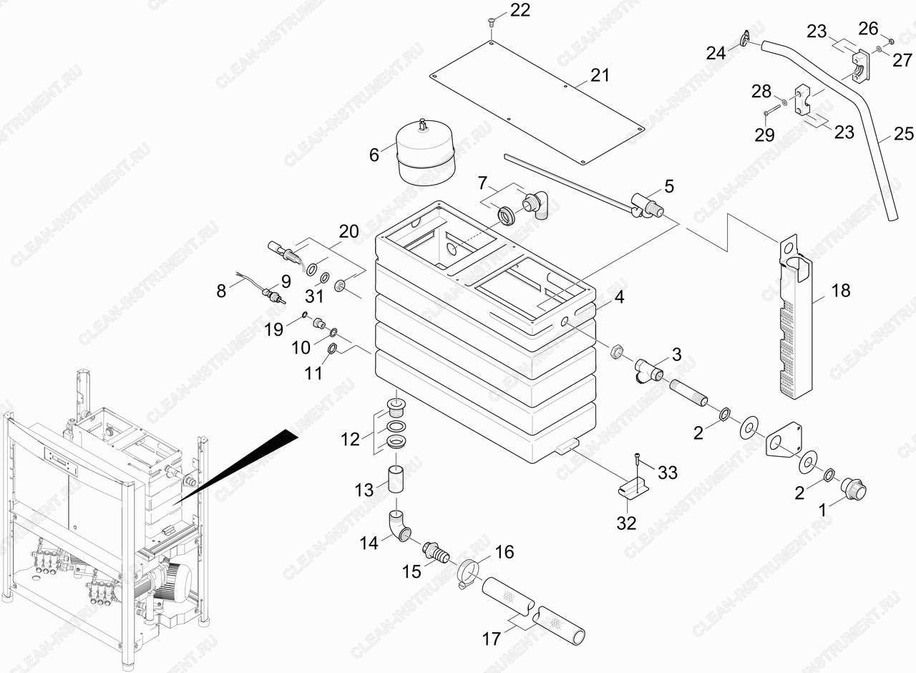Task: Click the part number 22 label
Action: point(520,10)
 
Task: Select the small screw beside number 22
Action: point(491,21)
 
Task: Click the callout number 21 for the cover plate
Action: point(600,75)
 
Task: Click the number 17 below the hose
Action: point(491,639)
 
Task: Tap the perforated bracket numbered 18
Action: point(794,316)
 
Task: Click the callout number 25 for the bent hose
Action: point(904,134)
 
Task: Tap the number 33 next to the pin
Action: point(668,473)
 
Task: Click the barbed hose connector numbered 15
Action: point(437,552)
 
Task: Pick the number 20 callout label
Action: point(349,231)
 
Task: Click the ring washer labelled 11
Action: point(333,349)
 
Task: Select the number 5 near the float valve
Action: point(669,187)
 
